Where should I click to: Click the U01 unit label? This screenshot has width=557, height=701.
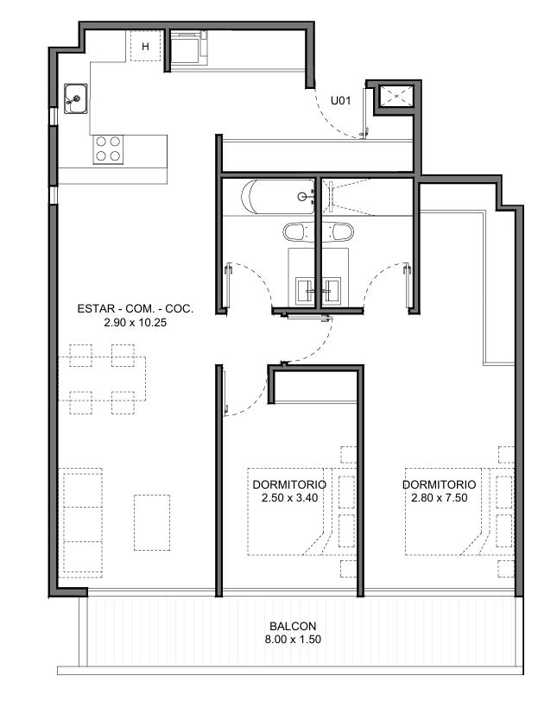(340, 101)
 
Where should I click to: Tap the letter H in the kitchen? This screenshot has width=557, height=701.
(145, 47)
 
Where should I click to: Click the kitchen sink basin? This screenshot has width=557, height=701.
(75, 98)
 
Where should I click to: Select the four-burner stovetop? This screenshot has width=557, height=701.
(108, 149)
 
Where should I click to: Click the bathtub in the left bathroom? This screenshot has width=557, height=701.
(277, 197)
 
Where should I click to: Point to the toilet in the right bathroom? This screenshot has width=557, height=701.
(338, 232)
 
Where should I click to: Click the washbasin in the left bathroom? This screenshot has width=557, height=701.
(306, 291)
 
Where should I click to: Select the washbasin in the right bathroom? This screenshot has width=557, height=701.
(332, 291)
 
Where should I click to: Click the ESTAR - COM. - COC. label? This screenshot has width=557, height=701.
(135, 308)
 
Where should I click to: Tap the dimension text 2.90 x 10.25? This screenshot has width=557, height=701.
(135, 322)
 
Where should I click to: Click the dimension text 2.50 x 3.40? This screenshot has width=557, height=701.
(289, 497)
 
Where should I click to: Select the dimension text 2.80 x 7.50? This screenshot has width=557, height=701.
(440, 497)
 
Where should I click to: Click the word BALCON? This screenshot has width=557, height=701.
(293, 626)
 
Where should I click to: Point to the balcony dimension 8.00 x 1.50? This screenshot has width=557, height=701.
(293, 640)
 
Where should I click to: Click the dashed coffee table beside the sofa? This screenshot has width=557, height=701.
(152, 522)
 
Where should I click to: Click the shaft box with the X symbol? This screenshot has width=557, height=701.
(396, 96)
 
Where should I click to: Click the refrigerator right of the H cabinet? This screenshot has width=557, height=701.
(187, 48)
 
